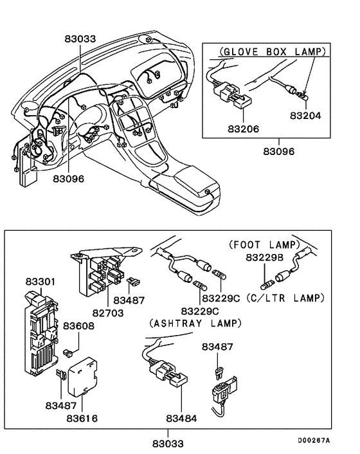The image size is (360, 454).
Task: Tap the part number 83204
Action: [306, 117]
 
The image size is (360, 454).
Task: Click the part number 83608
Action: [78, 326]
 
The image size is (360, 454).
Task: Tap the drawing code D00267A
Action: [313, 440]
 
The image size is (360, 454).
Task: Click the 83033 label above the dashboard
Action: [80, 39]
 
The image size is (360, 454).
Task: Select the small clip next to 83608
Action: [67, 352]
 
